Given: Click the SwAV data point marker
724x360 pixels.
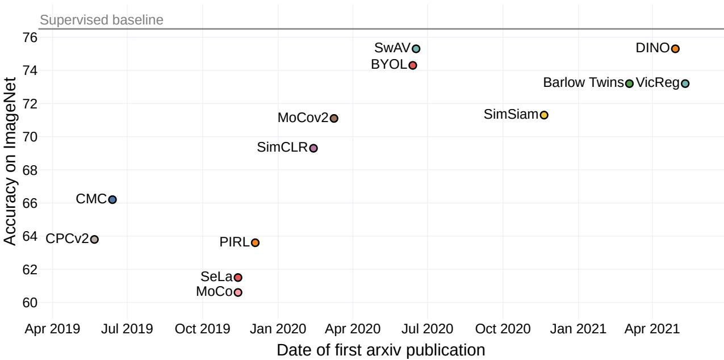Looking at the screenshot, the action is tap(416, 49).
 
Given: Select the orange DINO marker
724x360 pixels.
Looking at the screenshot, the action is tap(675, 49).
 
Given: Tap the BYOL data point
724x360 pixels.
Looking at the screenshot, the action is tap(413, 65).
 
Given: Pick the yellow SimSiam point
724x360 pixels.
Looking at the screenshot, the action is tap(544, 115).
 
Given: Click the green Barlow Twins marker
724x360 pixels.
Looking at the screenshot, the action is tap(629, 83).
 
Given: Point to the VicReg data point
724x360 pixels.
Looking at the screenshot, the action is tap(685, 83).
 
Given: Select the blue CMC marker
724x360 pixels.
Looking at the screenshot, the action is tap(112, 200).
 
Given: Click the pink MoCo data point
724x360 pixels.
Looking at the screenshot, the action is tap(238, 292).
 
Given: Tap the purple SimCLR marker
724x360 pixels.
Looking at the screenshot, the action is tap(313, 148).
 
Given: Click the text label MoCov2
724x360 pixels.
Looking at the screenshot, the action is tap(303, 118).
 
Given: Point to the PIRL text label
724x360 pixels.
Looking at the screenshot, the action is tap(235, 242).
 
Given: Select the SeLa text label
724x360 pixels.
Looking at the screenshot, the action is tap(216, 277).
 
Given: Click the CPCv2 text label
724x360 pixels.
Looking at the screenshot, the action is tap(67, 238).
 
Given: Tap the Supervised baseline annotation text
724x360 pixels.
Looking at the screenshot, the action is tap(102, 20).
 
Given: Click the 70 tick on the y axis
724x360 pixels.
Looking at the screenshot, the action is tap(30, 137).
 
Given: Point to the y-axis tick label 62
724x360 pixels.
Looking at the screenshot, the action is tap(30, 270).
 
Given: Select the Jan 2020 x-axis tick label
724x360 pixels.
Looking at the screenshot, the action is tap(278, 329).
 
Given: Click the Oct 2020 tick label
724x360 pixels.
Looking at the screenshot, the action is tap(503, 329).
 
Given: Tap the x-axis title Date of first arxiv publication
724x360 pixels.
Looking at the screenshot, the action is tap(381, 350).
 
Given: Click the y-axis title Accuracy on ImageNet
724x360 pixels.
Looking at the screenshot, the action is tap(10, 162).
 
